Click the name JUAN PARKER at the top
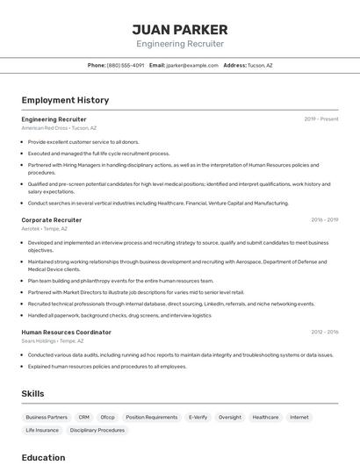(179, 29)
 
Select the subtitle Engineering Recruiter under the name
(179, 44)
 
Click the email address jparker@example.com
(192, 65)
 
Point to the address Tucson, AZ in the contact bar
(260, 65)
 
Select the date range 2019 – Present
(321, 118)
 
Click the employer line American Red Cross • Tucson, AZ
(59, 127)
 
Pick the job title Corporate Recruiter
(51, 220)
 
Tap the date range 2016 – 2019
(324, 220)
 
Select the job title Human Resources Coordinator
(66, 333)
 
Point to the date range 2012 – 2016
(324, 333)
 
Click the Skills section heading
(32, 394)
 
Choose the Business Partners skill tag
(47, 418)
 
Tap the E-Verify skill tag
(198, 418)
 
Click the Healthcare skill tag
(265, 418)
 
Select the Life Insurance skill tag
(42, 430)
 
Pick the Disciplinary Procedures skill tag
(97, 430)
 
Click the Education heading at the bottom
(43, 457)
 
